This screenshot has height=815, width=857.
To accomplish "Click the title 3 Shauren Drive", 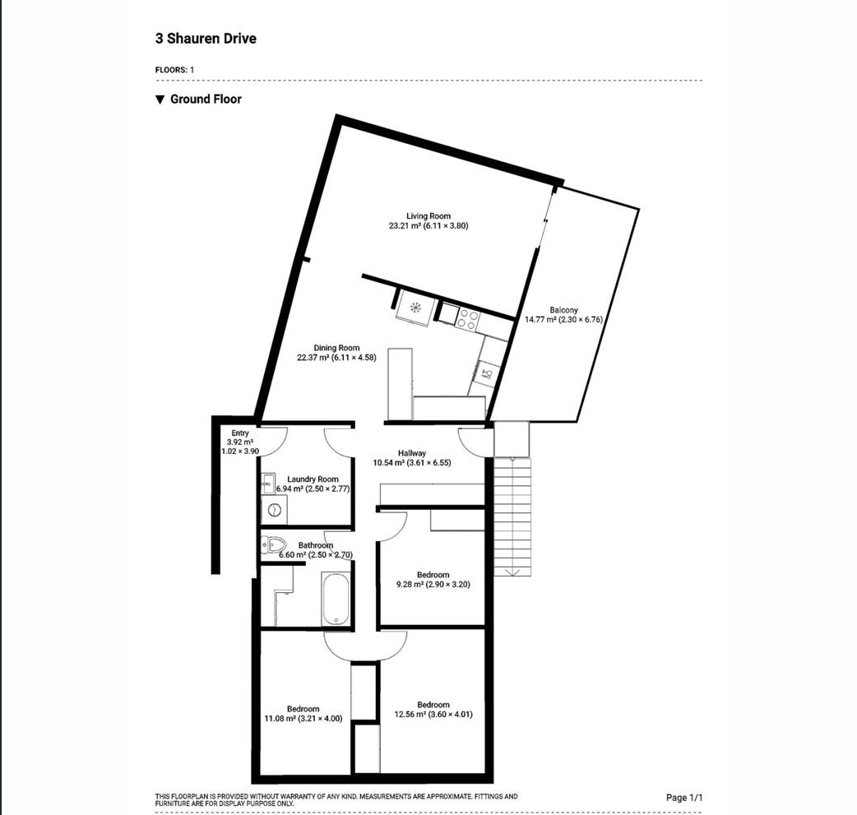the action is tap(206, 39).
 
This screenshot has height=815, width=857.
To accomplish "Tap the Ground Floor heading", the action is tap(206, 99).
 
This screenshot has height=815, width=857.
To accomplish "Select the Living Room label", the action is tap(428, 216).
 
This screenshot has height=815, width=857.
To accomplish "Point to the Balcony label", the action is tap(563, 310).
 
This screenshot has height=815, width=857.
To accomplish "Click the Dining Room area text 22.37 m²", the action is tap(313, 358).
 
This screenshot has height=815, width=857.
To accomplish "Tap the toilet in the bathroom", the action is tap(274, 544).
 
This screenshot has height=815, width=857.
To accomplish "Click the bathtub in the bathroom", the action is tap(336, 598).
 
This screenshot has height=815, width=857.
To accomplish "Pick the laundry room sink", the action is tap(267, 481).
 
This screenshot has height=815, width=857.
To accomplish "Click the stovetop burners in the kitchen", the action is tap(468, 318).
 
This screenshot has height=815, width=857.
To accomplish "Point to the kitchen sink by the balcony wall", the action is tap(487, 374).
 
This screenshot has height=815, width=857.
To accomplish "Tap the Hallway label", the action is tap(412, 453).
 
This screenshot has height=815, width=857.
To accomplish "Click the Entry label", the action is tap(240, 433).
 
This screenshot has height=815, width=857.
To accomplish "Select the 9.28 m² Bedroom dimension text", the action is tap(433, 585).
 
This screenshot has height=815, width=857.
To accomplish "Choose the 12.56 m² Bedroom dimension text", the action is tap(433, 714).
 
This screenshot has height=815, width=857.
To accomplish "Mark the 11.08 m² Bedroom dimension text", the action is tap(303, 718).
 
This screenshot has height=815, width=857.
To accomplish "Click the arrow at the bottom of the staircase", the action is tap(512, 572).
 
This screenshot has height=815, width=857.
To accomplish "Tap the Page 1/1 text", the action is tap(684, 798).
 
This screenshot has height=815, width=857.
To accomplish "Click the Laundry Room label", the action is tap(313, 479).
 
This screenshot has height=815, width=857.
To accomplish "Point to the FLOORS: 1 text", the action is tap(174, 70).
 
